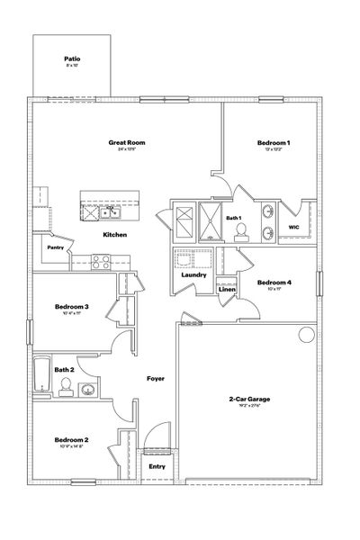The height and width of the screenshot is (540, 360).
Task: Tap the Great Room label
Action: [x=127, y=142]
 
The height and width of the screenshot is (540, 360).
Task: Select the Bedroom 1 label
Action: [x=274, y=143]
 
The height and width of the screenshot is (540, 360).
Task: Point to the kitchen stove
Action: [x=100, y=262]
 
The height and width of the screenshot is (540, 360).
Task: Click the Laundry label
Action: [x=193, y=274]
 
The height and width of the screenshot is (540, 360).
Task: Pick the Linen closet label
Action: [x=227, y=290]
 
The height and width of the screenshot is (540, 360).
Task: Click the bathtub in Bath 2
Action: [x=42, y=373]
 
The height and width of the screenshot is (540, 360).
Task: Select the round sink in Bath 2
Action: [x=88, y=390]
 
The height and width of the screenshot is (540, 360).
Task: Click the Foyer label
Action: [x=155, y=379]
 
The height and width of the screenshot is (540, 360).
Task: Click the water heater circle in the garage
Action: [x=306, y=336]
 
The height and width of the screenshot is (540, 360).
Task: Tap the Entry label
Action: [x=157, y=466]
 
